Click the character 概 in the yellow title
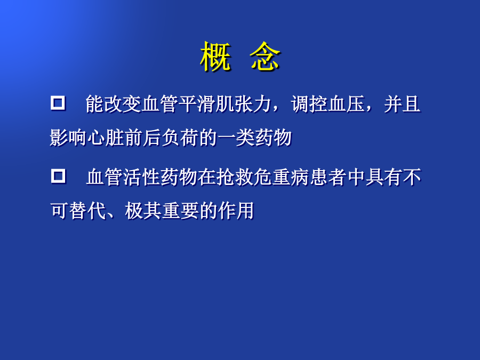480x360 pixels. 215,57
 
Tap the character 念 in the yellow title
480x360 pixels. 265,57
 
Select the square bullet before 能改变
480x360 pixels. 58,103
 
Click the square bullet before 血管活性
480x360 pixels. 58,176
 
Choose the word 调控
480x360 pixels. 309,104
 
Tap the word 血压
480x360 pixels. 347,104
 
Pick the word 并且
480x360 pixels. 402,104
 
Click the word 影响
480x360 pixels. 68,138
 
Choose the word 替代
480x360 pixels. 87,211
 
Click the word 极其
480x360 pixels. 143,211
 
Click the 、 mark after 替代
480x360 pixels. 110,216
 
